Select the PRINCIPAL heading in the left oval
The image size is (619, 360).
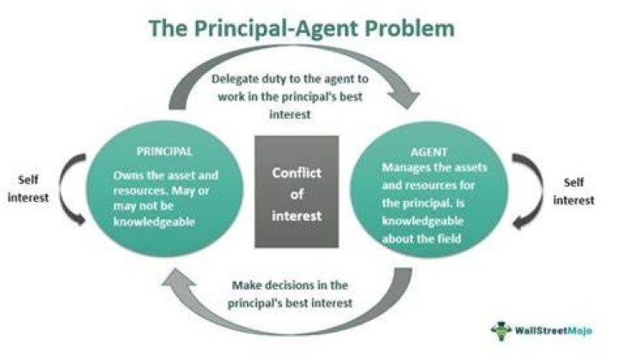pyautogui.click(x=164, y=151)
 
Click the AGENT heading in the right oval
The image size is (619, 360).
pyautogui.click(x=429, y=152)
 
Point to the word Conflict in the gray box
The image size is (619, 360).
pyautogui.click(x=297, y=173)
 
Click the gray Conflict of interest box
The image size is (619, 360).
pyautogui.click(x=297, y=192)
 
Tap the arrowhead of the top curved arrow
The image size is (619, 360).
pyautogui.click(x=403, y=99)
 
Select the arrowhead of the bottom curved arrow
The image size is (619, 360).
pyautogui.click(x=179, y=278)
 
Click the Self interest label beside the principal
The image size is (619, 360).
pyautogui.click(x=28, y=189)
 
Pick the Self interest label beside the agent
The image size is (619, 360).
pyautogui.click(x=573, y=192)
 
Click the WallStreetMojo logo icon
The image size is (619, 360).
pyautogui.click(x=500, y=331)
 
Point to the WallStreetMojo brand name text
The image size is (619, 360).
pyautogui.click(x=553, y=331)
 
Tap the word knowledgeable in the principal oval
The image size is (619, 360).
pyautogui.click(x=154, y=222)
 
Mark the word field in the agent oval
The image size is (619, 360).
pyautogui.click(x=450, y=238)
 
